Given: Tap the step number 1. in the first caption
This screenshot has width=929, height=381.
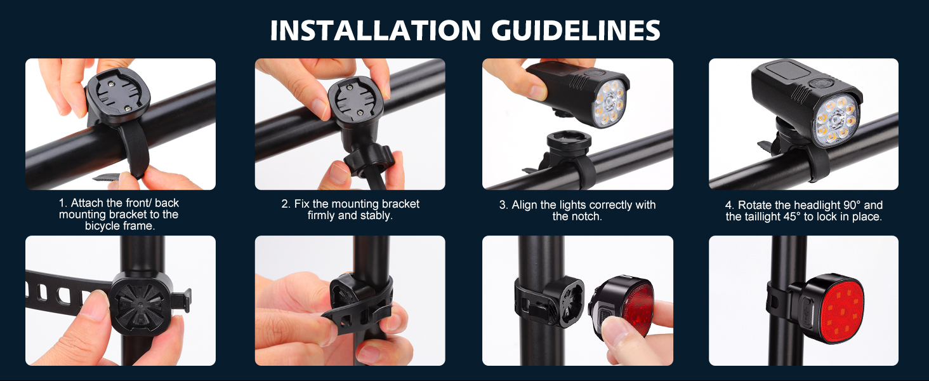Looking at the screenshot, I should click(x=63, y=203).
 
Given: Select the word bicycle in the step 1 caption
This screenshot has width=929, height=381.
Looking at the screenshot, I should click(x=102, y=226).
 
